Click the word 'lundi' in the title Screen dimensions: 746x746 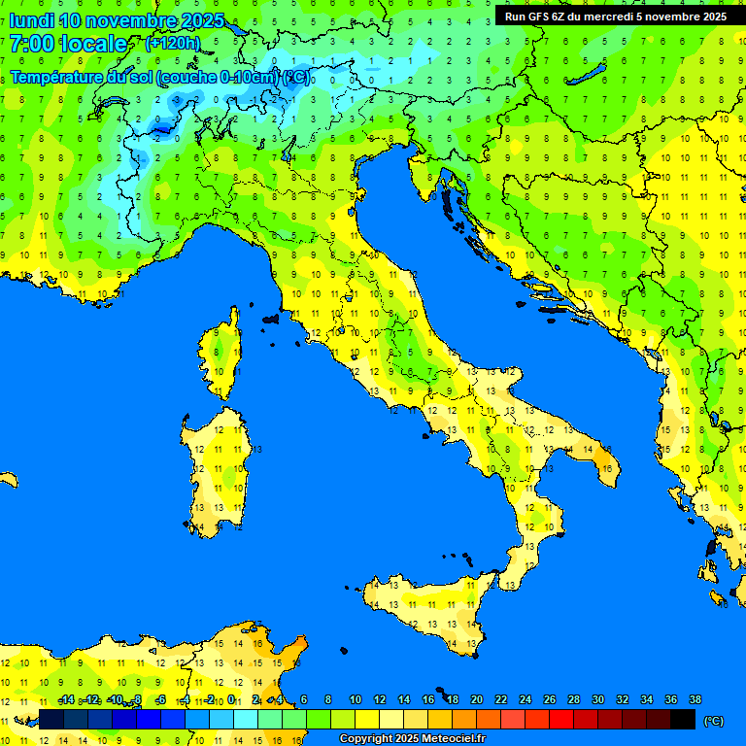[31, 20]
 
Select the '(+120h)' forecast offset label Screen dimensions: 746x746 [172, 43]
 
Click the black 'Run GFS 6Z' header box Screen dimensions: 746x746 [614, 17]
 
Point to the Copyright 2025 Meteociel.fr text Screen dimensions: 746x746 [411, 739]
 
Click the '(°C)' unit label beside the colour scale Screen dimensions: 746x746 [713, 721]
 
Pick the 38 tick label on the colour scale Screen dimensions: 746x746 [695, 700]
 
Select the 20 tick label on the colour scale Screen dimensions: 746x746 [477, 700]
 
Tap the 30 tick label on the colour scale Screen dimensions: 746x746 [598, 700]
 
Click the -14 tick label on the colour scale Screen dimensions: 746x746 [66, 700]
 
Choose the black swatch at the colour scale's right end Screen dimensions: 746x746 [683, 720]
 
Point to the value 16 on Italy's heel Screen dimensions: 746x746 [606, 468]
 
